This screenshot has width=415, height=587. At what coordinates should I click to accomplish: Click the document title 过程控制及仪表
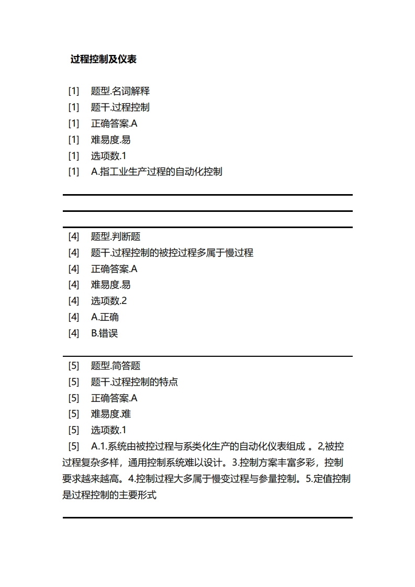[x=104, y=59]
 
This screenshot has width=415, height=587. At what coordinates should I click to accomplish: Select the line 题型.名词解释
[x=120, y=91]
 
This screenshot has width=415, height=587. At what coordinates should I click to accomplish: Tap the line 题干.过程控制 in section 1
[x=120, y=107]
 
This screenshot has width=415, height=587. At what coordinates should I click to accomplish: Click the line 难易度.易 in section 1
[x=110, y=140]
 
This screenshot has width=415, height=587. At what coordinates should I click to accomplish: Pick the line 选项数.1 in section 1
[x=109, y=155]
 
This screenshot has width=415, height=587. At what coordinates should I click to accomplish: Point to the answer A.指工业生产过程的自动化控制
[x=156, y=172]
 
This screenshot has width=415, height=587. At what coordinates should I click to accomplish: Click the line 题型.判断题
[x=116, y=236]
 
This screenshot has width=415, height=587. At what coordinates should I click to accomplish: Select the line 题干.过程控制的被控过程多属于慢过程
[x=172, y=253]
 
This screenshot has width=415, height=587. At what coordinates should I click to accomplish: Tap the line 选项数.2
[x=109, y=301]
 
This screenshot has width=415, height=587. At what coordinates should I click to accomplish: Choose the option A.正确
[x=105, y=317]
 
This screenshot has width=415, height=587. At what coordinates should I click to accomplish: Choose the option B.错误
[x=105, y=333]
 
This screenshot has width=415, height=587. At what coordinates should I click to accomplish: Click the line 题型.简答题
[x=116, y=366]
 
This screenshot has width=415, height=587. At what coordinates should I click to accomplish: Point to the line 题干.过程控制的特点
[x=134, y=382]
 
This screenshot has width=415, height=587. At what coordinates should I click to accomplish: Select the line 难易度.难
[x=110, y=414]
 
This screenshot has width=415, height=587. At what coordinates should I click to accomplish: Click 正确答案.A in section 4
[x=114, y=269]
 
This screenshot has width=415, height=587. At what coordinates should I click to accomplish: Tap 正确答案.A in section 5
[x=114, y=398]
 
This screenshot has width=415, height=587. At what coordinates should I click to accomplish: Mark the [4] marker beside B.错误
[x=74, y=333]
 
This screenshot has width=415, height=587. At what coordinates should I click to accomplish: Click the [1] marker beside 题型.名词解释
[x=74, y=91]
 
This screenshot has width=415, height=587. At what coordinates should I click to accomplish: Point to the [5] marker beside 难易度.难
[x=74, y=414]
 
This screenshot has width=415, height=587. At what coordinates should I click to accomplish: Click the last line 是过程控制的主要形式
[x=109, y=494]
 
